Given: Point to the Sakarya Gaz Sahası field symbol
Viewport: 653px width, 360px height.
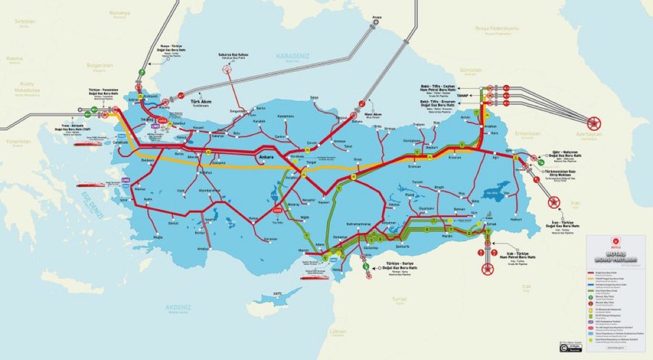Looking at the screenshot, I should pyautogui.click(x=228, y=69).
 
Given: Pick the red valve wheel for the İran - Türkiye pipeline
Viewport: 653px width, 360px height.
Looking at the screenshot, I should pyautogui.click(x=554, y=204).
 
